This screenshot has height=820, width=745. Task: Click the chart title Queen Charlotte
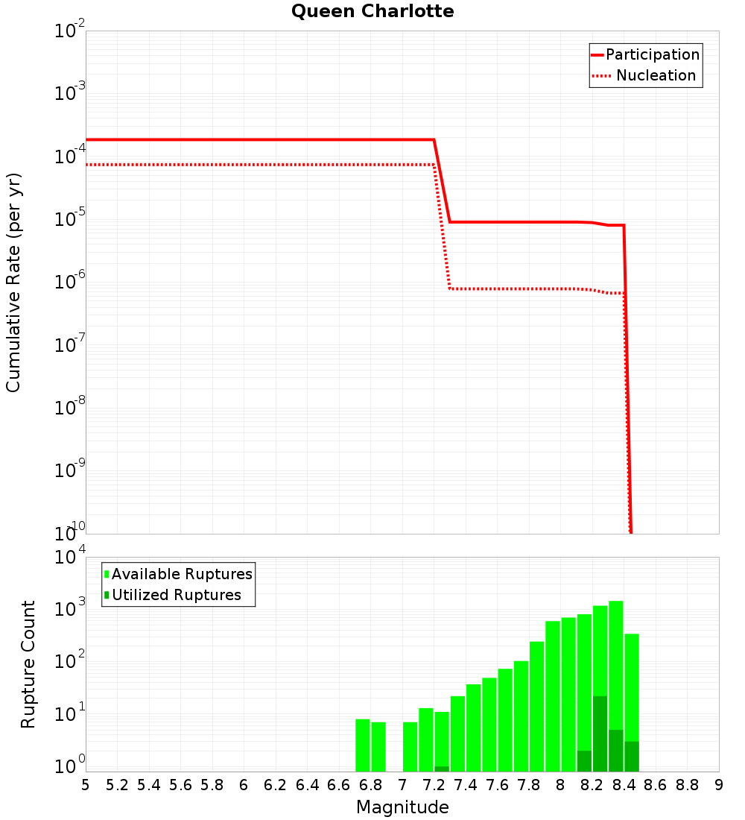click(x=372, y=12)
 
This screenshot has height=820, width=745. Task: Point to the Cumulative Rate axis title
click(x=14, y=282)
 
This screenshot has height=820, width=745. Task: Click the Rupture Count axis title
click(x=28, y=663)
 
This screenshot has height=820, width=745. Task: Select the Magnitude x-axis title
click(x=402, y=807)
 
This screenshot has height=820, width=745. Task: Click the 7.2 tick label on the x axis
click(x=434, y=785)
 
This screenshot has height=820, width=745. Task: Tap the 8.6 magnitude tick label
click(x=656, y=785)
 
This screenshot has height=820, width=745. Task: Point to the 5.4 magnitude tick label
click(x=149, y=785)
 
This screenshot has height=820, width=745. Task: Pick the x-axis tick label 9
click(x=718, y=785)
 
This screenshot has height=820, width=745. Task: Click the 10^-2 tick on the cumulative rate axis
click(x=70, y=31)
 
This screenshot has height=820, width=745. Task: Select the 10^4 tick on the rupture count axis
click(x=70, y=558)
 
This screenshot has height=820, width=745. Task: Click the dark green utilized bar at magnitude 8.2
click(x=600, y=734)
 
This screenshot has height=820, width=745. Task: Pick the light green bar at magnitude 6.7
click(x=363, y=745)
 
